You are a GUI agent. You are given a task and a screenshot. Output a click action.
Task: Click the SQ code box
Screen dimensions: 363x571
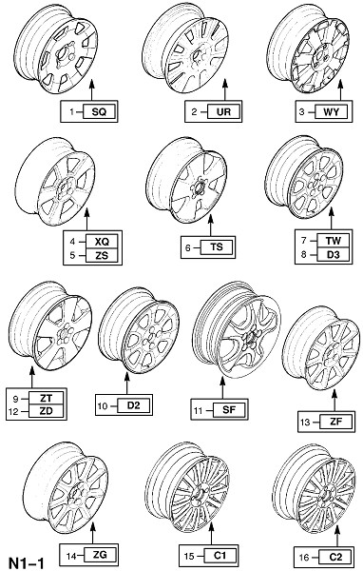[99, 111]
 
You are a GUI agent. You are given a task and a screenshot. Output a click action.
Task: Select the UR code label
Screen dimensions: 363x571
[223, 111]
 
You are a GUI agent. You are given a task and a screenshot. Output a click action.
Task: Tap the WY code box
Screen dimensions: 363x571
[331, 111]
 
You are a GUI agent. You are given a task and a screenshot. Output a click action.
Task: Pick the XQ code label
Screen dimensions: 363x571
[103, 241]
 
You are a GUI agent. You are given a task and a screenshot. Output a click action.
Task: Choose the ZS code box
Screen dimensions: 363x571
[103, 255]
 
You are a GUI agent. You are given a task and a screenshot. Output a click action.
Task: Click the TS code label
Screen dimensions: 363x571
[217, 247]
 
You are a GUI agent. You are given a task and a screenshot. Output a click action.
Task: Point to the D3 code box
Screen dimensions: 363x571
[334, 254]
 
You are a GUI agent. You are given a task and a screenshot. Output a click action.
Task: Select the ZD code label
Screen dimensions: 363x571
[47, 411]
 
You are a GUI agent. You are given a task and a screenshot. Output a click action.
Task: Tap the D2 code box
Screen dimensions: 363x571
[134, 405]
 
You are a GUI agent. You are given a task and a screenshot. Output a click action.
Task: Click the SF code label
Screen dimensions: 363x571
[229, 410]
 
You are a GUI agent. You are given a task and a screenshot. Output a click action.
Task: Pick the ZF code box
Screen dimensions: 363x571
[336, 422]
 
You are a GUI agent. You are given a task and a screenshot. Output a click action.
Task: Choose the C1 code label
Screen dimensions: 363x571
[220, 556]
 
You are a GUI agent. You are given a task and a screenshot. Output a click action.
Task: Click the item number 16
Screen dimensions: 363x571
[304, 557]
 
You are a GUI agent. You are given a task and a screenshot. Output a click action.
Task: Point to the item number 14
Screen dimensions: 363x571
[70, 556]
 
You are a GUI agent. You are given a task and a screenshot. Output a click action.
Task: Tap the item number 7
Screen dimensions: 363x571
[304, 240]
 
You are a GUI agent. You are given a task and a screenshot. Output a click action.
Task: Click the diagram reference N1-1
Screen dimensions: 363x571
[27, 563]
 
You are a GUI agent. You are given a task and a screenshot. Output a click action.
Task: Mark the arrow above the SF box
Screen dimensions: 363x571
[222, 387]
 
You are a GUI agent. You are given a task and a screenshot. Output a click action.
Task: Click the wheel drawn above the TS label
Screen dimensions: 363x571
[186, 180]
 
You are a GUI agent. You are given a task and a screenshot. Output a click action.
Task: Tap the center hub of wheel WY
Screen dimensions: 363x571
[323, 57]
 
